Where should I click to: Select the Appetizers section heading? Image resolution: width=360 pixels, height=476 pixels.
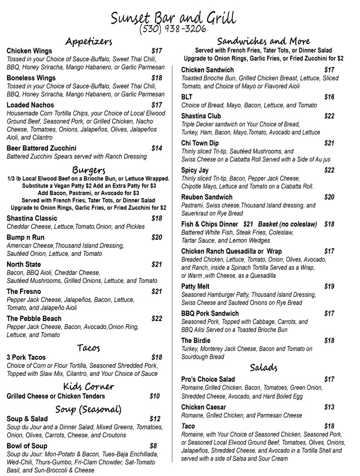click(x=88, y=41)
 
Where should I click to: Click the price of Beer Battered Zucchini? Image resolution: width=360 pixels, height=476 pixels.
click(x=156, y=148)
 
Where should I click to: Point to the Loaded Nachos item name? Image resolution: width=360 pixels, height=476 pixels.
click(x=30, y=105)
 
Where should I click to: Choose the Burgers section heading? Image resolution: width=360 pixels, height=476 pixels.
click(x=88, y=168)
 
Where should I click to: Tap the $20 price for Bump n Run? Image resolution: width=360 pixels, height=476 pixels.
click(x=156, y=237)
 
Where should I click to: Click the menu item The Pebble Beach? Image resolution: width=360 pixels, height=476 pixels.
click(x=34, y=319)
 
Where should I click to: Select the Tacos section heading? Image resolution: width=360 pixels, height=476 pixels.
click(x=88, y=348)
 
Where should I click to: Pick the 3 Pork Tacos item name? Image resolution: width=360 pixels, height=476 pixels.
click(x=26, y=357)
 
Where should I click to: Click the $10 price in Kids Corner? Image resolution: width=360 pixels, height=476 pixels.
click(x=155, y=396)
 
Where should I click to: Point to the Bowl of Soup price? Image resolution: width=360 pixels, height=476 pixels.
click(x=153, y=446)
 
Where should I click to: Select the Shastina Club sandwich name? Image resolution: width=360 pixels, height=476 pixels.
click(x=201, y=116)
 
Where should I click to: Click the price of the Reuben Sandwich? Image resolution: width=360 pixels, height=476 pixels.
click(x=329, y=197)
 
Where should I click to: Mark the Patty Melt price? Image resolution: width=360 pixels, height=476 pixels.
click(x=329, y=287)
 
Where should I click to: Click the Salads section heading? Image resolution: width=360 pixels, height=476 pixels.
click(x=264, y=368)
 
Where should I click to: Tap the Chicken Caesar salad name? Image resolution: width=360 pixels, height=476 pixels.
click(x=204, y=407)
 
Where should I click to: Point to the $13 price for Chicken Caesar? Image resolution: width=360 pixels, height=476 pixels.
click(x=329, y=407)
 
